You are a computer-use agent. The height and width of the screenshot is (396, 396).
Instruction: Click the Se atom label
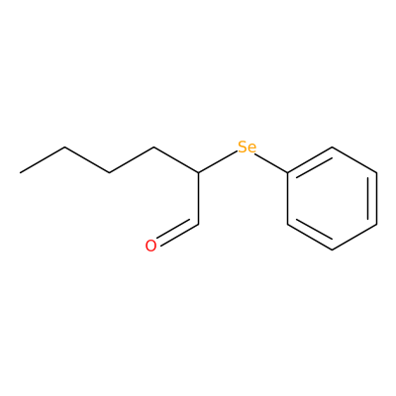click(247, 148)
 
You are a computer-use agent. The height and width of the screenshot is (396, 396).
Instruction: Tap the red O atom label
click(150, 246)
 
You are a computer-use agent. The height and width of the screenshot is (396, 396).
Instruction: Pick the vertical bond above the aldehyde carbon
click(198, 198)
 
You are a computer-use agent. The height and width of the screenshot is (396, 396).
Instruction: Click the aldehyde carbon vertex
click(198, 225)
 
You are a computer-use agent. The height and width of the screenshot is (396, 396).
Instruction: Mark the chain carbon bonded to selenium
click(198, 172)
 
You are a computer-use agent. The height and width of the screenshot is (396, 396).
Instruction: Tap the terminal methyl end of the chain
click(21, 172)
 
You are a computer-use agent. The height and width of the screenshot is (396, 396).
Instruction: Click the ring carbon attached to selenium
click(287, 172)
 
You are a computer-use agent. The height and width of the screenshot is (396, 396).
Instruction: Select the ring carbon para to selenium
click(376, 225)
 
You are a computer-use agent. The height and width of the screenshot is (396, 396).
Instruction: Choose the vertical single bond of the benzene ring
click(287, 198)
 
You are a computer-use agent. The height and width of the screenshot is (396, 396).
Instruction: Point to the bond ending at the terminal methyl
click(43, 159)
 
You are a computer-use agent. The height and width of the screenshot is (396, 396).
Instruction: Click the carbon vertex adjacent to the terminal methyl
click(65, 148)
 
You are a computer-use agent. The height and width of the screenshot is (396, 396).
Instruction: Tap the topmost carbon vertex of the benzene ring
click(332, 147)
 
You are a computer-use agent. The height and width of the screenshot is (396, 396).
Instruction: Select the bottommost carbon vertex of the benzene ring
click(332, 249)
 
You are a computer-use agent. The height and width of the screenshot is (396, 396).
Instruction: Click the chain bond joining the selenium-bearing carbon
click(176, 159)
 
